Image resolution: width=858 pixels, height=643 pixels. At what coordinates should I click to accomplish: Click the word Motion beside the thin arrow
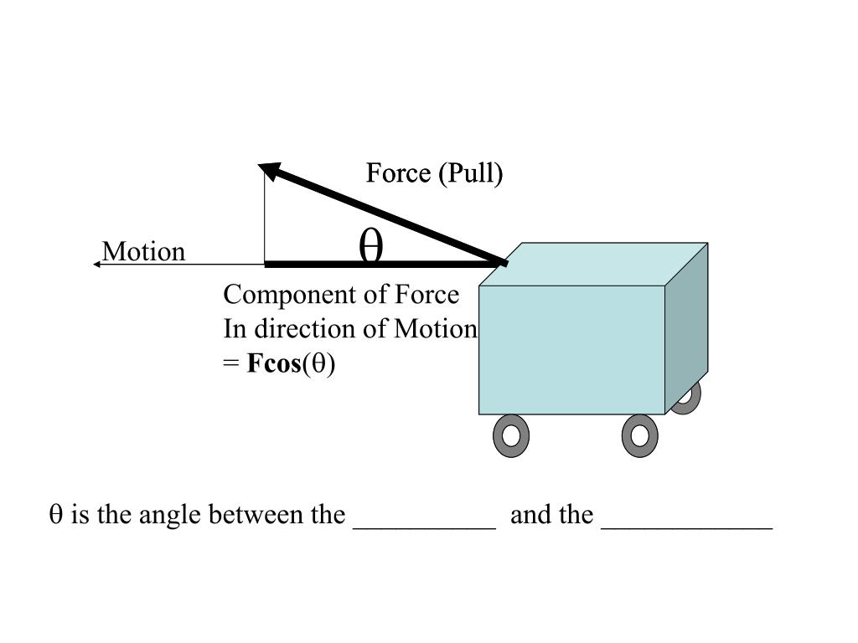pos(143,252)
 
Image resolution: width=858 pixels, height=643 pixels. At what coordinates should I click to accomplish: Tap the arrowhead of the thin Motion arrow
pos(97,264)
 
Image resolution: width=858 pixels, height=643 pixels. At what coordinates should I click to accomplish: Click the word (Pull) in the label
pos(473,173)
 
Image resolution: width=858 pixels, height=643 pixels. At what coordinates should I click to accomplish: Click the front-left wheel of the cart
pos(510,435)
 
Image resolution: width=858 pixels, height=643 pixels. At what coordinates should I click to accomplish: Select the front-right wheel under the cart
pos(639,435)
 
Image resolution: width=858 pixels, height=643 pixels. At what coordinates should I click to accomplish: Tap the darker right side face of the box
pos(686,327)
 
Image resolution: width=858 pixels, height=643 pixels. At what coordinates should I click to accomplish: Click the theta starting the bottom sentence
pos(56,514)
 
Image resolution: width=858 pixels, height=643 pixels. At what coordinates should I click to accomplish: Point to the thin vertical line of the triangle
pos(265,218)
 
